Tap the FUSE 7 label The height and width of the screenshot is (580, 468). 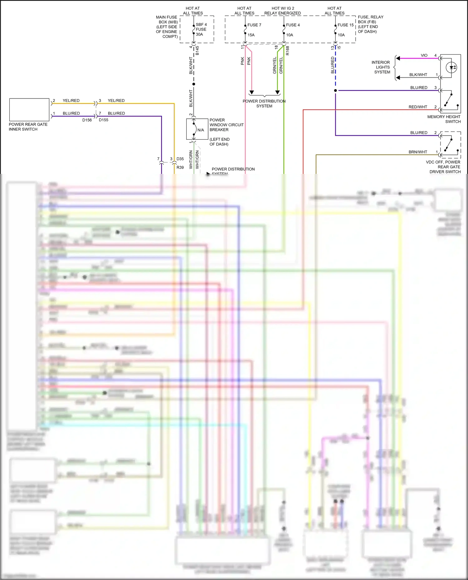pos(254,25)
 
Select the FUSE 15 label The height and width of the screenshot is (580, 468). pos(345,25)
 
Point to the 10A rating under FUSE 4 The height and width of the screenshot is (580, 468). pos(290,35)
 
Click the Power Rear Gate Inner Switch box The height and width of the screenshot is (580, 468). pos(29,110)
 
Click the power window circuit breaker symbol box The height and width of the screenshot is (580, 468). pos(197,129)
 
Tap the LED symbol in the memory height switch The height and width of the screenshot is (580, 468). pos(451,67)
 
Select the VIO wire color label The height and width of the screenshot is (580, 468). pos(424,55)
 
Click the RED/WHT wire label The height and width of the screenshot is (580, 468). pos(418,107)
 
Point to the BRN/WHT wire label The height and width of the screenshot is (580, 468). pos(418,152)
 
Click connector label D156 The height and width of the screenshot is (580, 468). pos(87,120)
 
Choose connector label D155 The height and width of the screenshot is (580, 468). pos(104,120)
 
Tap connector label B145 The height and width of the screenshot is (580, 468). pos(197,51)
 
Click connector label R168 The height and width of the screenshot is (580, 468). pos(288,51)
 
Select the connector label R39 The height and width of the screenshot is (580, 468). pos(180,167)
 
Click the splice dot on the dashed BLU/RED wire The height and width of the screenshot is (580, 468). pos(335,91)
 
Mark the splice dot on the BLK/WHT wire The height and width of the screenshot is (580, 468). pos(194,84)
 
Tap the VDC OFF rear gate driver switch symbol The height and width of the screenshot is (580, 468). pos(450,145)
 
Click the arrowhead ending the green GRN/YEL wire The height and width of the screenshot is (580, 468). pos(277,93)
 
